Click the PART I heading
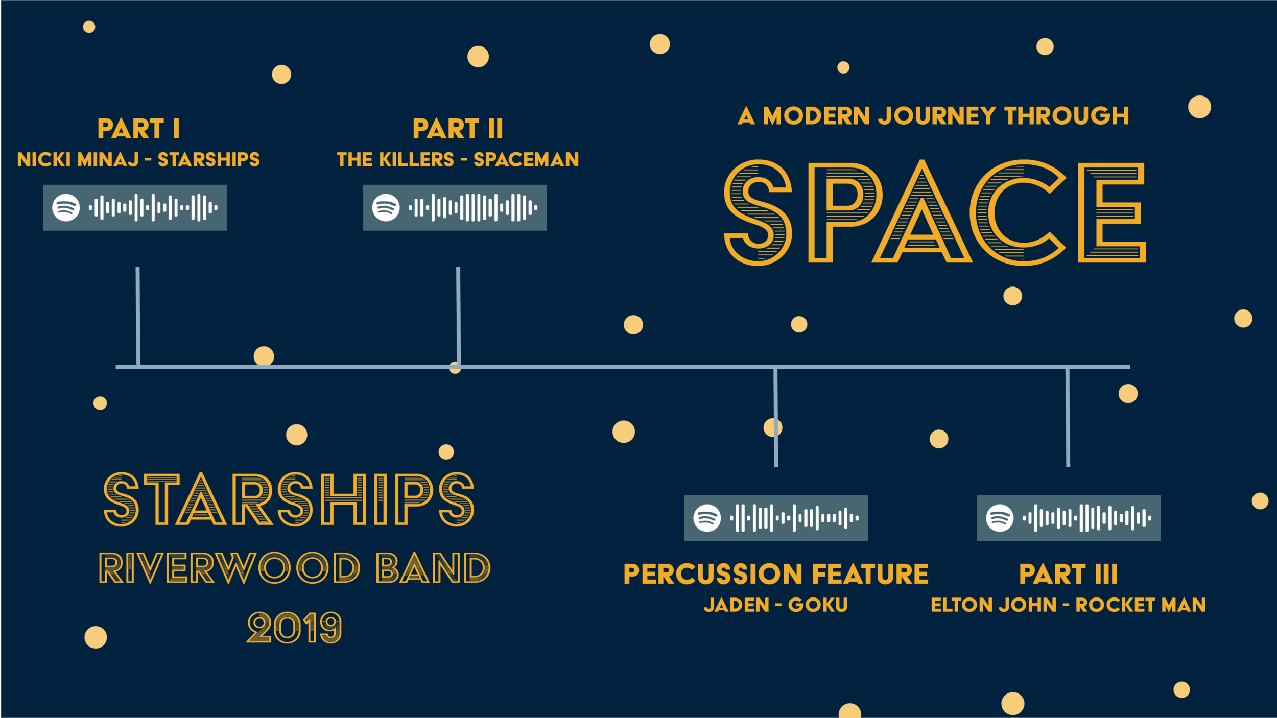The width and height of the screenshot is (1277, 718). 138,129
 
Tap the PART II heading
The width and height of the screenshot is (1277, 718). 458,129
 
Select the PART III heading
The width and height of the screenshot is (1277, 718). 1068,574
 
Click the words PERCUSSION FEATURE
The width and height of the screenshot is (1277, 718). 776,574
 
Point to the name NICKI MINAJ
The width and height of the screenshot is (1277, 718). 78,160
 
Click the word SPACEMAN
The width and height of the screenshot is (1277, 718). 526,160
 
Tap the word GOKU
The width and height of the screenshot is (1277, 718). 818,605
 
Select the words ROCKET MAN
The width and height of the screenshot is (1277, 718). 1141,605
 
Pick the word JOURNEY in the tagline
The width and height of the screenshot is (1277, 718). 937,116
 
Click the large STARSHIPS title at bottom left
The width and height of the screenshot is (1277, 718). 289,499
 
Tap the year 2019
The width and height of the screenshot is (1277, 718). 294,628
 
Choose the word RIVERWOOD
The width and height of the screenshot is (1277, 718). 229,568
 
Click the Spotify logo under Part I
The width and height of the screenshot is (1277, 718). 66,208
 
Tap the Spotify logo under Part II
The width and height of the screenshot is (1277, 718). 386,208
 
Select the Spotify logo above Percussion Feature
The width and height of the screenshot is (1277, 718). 707,518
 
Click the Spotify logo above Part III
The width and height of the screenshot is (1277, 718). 1000,518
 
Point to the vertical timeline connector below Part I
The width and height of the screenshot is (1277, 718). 138,317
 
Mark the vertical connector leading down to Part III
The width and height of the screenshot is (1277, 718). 1068,417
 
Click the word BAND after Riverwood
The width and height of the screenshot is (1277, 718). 433,568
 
